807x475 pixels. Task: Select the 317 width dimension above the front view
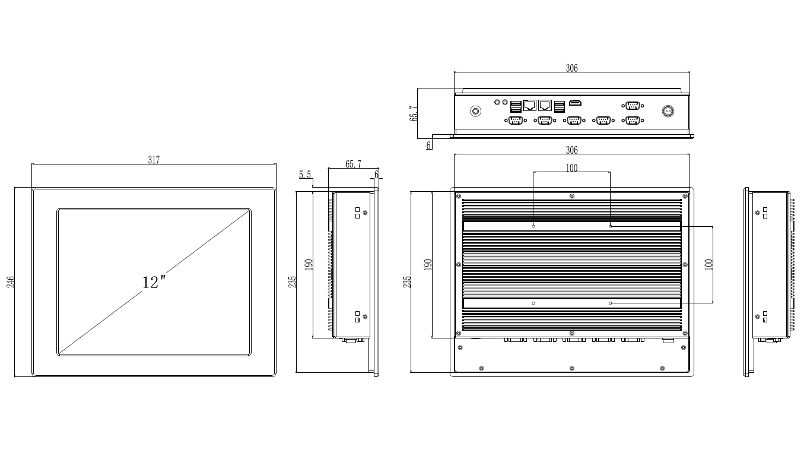pos(154,160)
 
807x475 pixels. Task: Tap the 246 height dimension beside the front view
pos(11,281)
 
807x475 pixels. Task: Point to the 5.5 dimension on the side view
pos(305,175)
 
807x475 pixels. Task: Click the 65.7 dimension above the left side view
pos(352,164)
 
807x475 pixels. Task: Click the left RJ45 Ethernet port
pos(530,106)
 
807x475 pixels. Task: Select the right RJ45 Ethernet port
pos(545,106)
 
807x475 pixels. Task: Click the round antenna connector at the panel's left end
pos(475,111)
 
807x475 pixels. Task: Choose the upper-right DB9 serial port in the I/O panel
pos(633,106)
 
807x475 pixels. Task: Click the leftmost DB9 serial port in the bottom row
pos(515,121)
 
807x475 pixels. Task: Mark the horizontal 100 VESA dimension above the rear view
pos(571,168)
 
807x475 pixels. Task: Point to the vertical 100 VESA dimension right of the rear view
pos(707,265)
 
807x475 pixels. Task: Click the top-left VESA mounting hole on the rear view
pos(533,226)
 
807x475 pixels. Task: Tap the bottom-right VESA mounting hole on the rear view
pos(611,303)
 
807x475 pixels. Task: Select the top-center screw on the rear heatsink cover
pos(571,196)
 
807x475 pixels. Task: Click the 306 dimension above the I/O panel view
pos(571,68)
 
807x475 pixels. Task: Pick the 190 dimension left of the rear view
pos(428,265)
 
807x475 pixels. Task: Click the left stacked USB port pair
pos(516,107)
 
